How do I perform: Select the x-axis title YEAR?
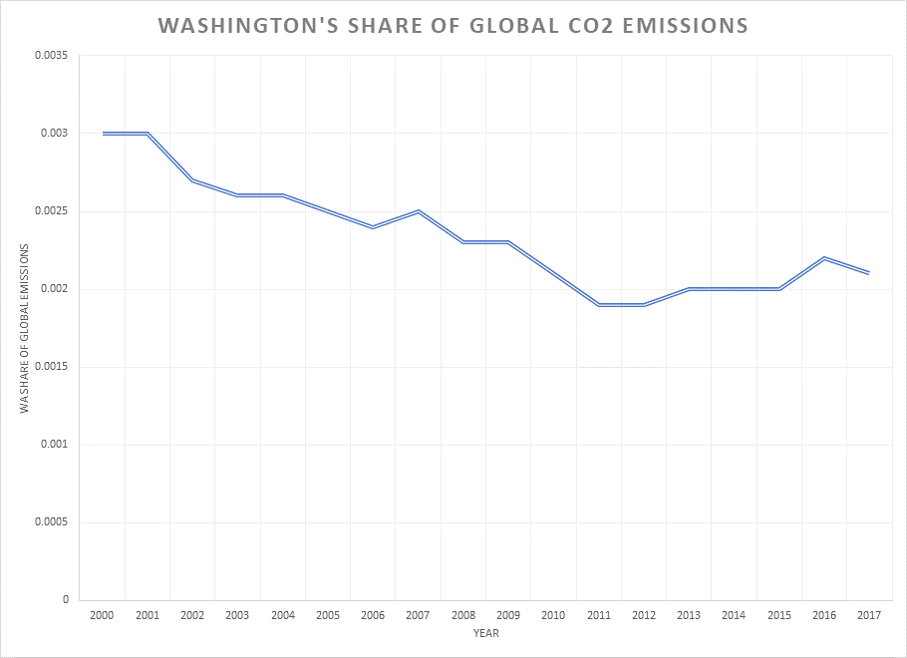(x=485, y=632)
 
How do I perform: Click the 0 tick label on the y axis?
(x=65, y=600)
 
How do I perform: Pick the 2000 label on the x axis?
(x=102, y=616)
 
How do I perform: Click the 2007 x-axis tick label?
(x=419, y=616)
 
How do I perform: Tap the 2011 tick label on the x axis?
(x=599, y=616)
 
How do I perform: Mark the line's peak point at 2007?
(x=419, y=211)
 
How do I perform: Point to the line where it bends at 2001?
(x=148, y=133)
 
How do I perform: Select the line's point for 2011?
(x=599, y=304)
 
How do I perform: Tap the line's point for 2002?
(x=192, y=179)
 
